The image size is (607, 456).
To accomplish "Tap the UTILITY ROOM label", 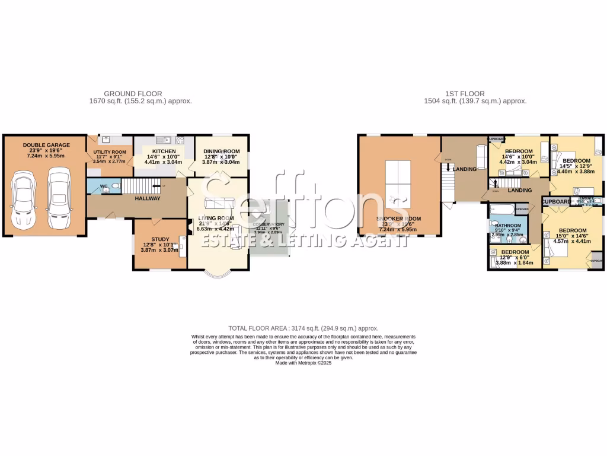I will point(110,153).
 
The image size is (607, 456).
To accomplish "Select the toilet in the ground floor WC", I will point(115,186).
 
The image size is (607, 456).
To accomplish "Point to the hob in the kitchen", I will point(180,141).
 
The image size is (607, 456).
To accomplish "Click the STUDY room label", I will point(160,239).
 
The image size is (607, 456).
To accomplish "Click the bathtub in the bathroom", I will point(501,209).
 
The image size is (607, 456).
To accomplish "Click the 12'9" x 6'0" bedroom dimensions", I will point(515,257).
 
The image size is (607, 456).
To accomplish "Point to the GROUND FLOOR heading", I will point(133,94).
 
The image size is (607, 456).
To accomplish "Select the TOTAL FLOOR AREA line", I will point(303,328).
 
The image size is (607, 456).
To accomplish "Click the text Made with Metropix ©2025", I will point(303,363).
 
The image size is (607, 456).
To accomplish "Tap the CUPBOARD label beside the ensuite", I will point(557,202).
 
